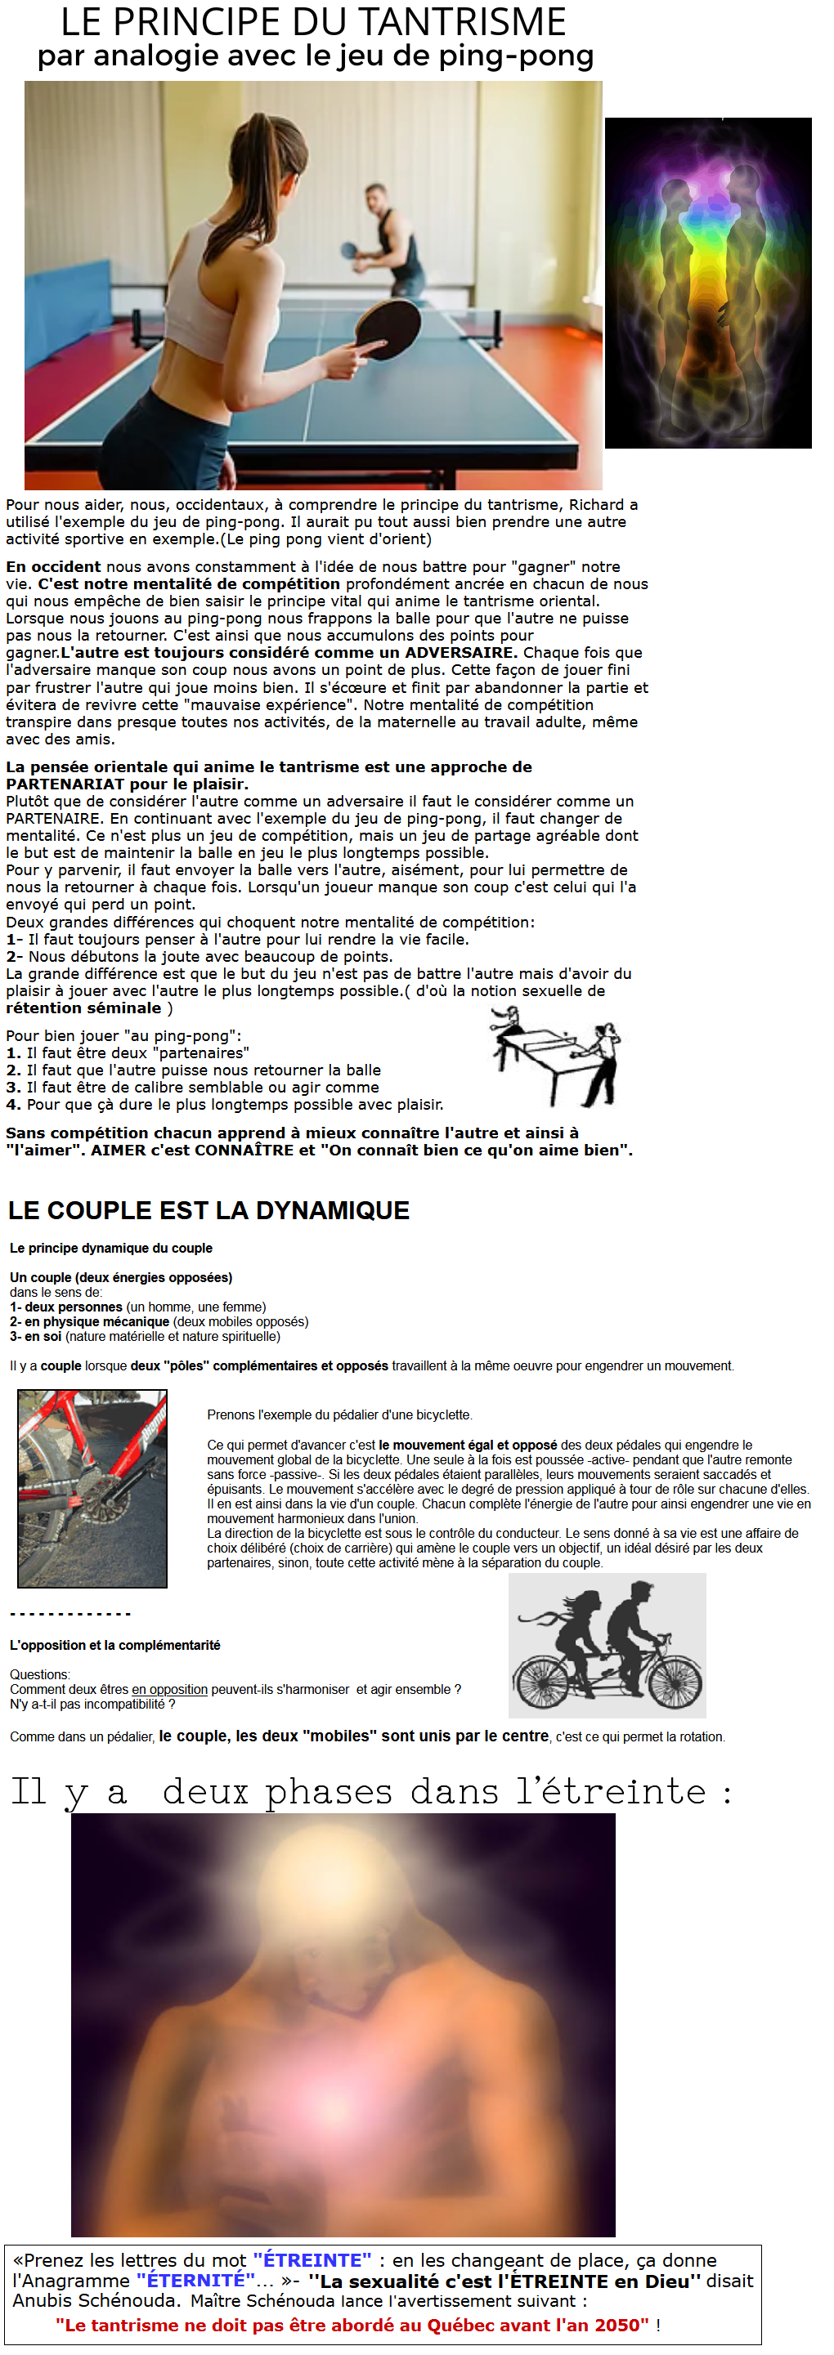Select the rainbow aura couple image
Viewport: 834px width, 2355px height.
(708, 283)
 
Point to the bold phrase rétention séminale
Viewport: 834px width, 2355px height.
(83, 1008)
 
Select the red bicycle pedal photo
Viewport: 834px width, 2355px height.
(92, 1487)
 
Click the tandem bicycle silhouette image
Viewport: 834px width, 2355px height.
(608, 1645)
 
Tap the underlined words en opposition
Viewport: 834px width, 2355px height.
(169, 1690)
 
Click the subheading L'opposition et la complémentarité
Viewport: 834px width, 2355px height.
(115, 1645)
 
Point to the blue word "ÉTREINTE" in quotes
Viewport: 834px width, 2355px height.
(312, 2260)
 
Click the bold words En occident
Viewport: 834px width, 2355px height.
(53, 567)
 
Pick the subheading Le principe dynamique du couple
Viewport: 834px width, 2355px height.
(110, 1248)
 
